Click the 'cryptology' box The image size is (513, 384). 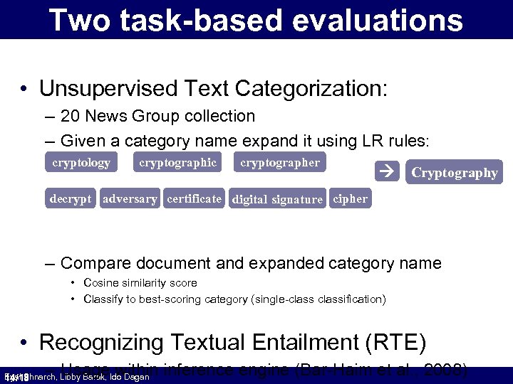pos(81,163)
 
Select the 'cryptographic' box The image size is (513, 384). pos(177,163)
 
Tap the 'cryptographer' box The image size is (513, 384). pos(280,163)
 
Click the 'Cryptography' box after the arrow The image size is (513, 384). pos(454,173)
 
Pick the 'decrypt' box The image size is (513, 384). pos(71,199)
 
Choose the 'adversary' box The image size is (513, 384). pos(130,199)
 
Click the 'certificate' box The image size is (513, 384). pos(194,199)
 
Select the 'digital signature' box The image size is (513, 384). pos(277,200)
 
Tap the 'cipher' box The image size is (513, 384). pos(350,199)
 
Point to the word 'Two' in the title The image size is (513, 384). pos(77,21)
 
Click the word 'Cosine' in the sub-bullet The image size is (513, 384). pos(100,283)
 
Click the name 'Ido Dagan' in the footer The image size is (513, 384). pos(130,377)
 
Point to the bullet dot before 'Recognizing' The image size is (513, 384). pos(24,342)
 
